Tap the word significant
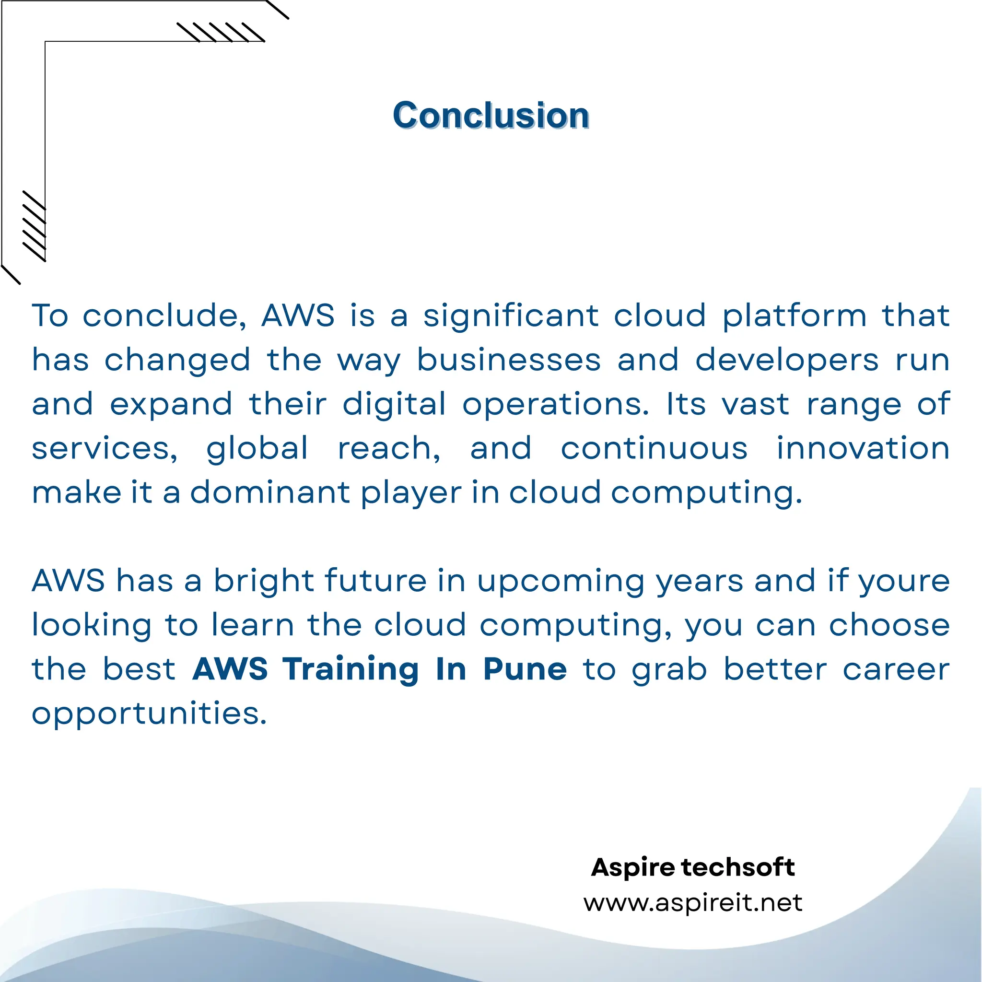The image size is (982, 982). (511, 316)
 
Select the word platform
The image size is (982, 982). (795, 316)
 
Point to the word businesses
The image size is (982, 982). (509, 361)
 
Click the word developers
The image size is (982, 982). (787, 361)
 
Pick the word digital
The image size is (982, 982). (394, 405)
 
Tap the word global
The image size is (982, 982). (257, 449)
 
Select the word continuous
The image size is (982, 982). (654, 449)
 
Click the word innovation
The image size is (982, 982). (863, 449)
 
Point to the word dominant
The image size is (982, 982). (270, 492)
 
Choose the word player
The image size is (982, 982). (411, 493)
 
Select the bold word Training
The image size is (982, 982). (351, 669)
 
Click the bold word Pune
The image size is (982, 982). (525, 669)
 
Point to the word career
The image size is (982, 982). (896, 669)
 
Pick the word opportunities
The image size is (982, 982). (149, 714)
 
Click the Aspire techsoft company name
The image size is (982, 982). (693, 867)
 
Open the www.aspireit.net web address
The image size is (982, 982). (693, 903)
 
